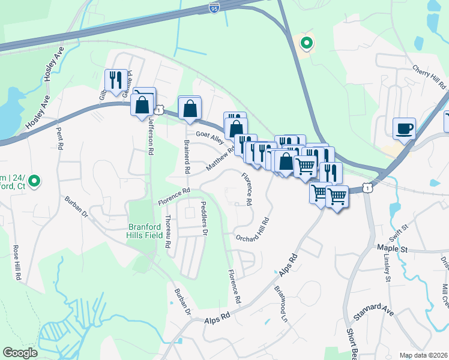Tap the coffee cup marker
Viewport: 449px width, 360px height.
(x=404, y=128)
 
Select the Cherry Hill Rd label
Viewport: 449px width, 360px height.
(x=429, y=78)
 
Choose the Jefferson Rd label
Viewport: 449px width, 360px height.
(x=151, y=136)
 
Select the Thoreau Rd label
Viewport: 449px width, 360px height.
(x=169, y=229)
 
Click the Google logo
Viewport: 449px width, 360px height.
(x=20, y=353)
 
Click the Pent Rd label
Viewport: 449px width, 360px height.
(x=59, y=138)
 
